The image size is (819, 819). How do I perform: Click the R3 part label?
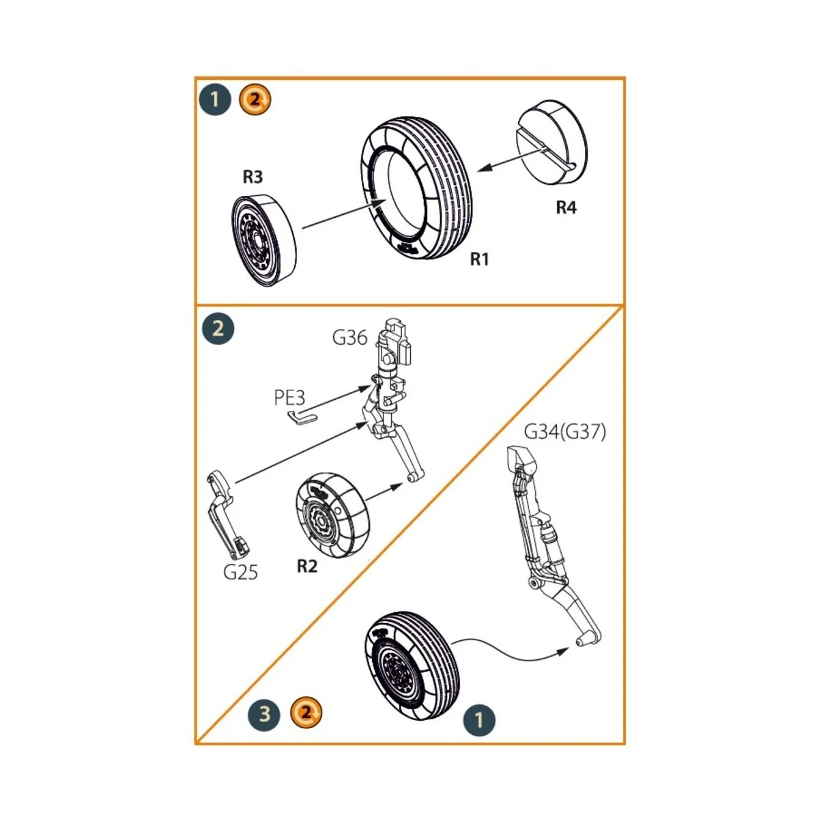[x=253, y=177]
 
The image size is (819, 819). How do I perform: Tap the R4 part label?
[x=566, y=207]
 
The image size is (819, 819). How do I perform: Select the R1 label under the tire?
[x=479, y=259]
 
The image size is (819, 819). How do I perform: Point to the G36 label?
[x=349, y=337]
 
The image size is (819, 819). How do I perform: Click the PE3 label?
[x=289, y=397]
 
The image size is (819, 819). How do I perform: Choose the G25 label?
[x=240, y=572]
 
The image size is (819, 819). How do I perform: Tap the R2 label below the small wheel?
[x=307, y=566]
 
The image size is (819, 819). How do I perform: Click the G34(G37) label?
[x=564, y=432]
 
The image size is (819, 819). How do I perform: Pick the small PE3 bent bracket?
[x=301, y=418]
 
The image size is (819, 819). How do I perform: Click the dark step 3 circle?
[x=264, y=715]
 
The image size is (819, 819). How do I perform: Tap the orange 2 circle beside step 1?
[x=255, y=100]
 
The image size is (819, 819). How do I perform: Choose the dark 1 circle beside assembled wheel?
[x=478, y=719]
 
